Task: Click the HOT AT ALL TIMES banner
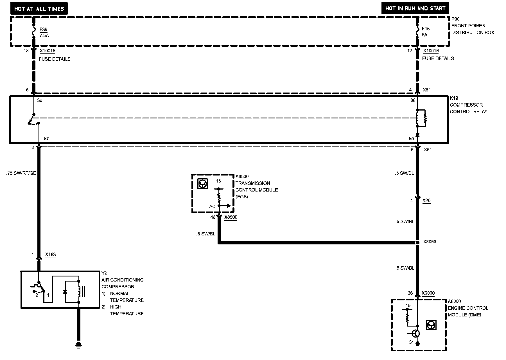tap(39, 9)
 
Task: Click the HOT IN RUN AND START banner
tap(415, 8)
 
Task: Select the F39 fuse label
tap(44, 29)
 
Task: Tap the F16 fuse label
tap(426, 29)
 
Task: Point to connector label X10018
tap(47, 51)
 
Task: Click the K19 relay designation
tap(454, 98)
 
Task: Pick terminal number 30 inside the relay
tap(40, 100)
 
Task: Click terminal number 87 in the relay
tap(46, 139)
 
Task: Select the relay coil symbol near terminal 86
tap(422, 118)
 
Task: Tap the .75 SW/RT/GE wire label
tap(21, 173)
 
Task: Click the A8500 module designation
tap(242, 176)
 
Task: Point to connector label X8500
tap(231, 217)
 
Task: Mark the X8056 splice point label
tap(430, 242)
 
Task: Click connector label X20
tap(426, 201)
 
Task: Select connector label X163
tap(50, 255)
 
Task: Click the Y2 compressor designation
tap(104, 273)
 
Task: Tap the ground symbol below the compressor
tap(79, 345)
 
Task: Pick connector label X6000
tap(428, 293)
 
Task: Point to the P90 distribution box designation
tap(455, 19)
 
